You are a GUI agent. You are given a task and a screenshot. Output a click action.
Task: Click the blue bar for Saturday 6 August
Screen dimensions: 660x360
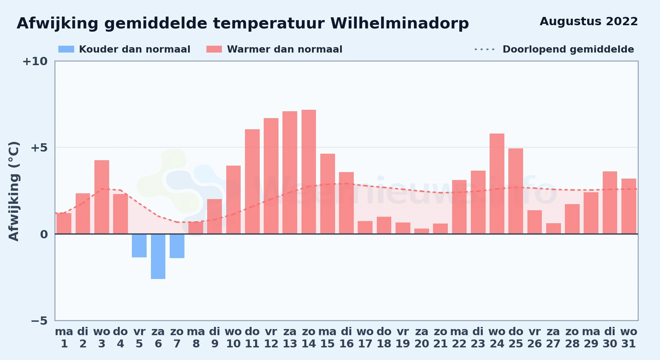click(158, 256)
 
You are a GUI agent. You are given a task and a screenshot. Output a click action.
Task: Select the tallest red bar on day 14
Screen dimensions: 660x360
click(309, 172)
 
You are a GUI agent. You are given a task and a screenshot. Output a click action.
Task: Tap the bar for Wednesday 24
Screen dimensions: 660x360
click(497, 184)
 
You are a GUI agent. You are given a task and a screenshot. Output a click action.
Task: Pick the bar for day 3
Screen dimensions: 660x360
click(102, 197)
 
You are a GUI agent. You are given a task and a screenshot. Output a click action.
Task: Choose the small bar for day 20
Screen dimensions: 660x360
click(422, 231)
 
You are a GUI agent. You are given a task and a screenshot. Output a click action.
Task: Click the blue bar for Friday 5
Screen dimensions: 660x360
click(139, 246)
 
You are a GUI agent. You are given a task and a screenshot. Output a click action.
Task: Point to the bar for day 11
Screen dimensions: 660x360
click(252, 181)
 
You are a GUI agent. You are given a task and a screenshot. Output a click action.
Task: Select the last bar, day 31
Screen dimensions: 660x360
click(629, 206)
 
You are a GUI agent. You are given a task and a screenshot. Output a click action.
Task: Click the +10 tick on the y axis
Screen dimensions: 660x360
click(35, 61)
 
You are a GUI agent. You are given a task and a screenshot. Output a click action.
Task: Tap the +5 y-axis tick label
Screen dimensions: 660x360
click(39, 148)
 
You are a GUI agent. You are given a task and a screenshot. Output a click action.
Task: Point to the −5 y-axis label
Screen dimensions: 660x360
click(39, 320)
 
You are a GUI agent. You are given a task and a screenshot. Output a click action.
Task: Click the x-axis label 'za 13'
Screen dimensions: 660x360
click(290, 338)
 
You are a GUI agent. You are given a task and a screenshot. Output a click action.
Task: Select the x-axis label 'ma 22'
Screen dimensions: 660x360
click(459, 338)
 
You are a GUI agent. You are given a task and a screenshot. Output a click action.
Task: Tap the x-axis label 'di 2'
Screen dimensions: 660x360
click(83, 338)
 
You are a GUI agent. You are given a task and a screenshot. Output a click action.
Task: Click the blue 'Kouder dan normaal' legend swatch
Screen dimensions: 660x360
click(66, 49)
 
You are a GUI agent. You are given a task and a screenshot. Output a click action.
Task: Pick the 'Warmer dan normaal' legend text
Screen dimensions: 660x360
click(285, 49)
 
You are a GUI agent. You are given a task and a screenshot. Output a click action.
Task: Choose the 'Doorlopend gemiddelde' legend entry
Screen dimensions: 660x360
click(554, 49)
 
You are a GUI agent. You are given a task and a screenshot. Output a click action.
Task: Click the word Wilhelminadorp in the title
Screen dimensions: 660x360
click(400, 23)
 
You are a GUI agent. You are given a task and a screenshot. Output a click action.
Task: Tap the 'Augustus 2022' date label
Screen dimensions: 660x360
click(589, 22)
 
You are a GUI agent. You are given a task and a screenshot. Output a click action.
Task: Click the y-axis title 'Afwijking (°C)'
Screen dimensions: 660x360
click(14, 191)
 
